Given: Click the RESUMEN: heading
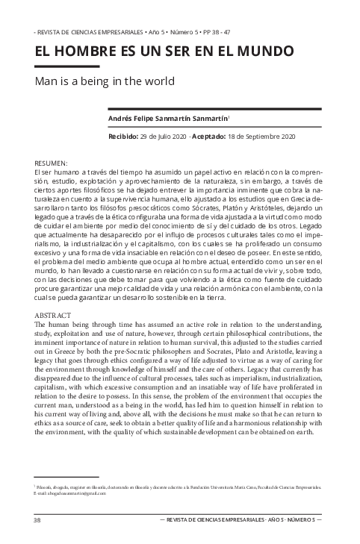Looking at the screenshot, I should point(52,163).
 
